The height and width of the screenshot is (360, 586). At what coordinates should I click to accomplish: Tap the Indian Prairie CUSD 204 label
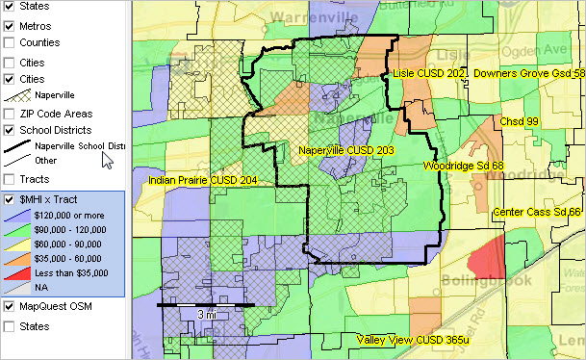tap(202, 180)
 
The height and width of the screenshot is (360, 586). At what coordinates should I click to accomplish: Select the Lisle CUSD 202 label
tap(430, 73)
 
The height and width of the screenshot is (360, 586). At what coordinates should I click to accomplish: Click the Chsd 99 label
tap(519, 122)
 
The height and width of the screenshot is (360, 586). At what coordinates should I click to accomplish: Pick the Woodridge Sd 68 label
tap(464, 166)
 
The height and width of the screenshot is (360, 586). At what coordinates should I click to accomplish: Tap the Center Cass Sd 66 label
tap(537, 212)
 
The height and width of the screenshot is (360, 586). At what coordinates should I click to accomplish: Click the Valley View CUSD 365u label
tap(413, 340)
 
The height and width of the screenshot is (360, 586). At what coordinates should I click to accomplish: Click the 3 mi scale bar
tap(206, 305)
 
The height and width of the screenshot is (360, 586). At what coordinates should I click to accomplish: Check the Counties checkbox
tap(10, 43)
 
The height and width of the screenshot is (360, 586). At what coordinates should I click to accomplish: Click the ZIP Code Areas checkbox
tap(10, 114)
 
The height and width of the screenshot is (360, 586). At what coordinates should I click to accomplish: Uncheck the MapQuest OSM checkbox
tap(10, 307)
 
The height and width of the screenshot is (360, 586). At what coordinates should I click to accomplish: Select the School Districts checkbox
tap(10, 130)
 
